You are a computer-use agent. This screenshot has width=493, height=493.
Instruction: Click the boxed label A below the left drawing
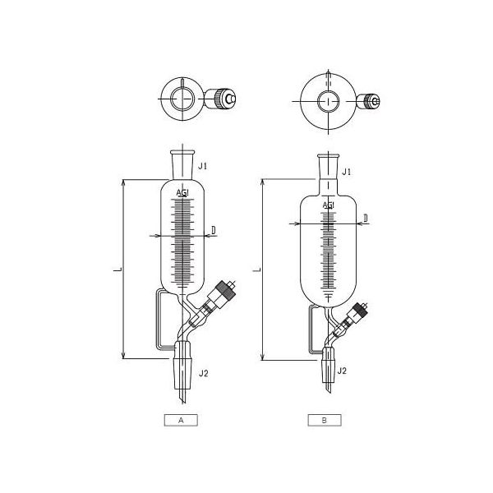pos(182,420)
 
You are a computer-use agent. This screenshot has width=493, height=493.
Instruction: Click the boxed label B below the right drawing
pos(325,420)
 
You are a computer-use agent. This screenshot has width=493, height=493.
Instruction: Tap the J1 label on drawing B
pos(347,172)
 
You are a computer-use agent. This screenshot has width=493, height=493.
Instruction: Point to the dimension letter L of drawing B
pos(257,269)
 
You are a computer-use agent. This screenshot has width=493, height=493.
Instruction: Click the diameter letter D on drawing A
pos(214,231)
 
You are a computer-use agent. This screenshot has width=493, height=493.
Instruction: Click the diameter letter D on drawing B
pos(365,217)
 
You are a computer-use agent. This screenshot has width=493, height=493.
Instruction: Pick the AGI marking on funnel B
pos(328,204)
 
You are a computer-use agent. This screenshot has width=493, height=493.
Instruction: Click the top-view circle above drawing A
pos(184,99)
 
